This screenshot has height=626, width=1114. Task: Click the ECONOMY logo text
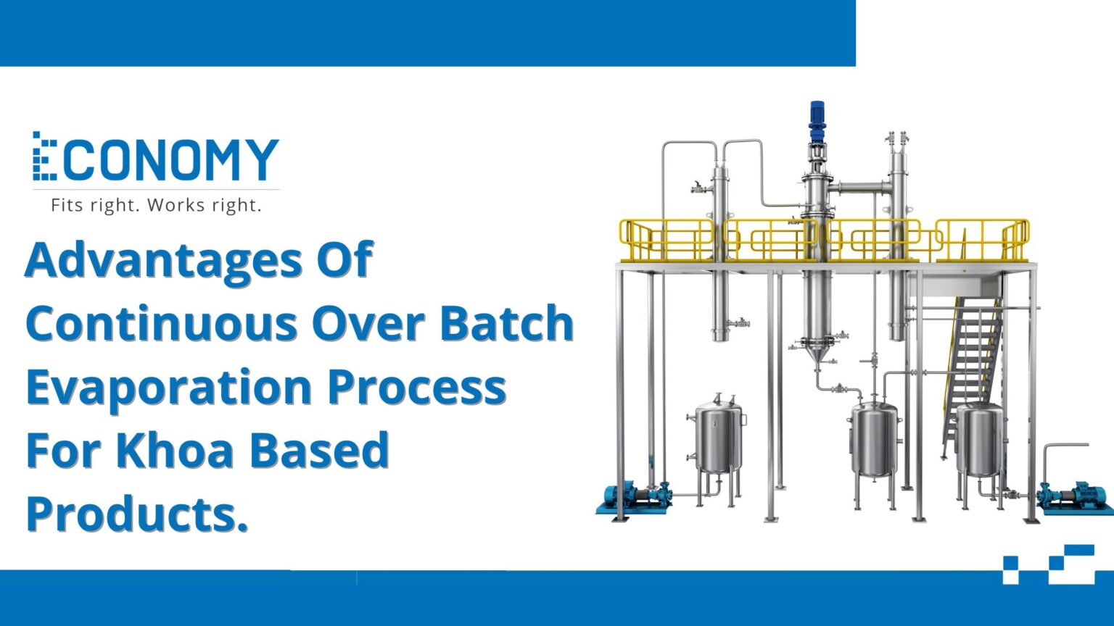pyautogui.click(x=156, y=157)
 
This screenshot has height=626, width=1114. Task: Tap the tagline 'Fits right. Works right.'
pyautogui.click(x=156, y=205)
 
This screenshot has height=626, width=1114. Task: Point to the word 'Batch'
pyautogui.click(x=507, y=323)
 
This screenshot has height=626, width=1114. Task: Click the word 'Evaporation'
pyautogui.click(x=169, y=388)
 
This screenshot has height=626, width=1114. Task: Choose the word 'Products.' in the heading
pyautogui.click(x=137, y=514)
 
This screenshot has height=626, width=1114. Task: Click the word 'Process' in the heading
pyautogui.click(x=417, y=388)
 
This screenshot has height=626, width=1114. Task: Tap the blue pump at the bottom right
pyautogui.click(x=1074, y=498)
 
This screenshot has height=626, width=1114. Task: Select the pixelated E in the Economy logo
pyautogui.click(x=44, y=156)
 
